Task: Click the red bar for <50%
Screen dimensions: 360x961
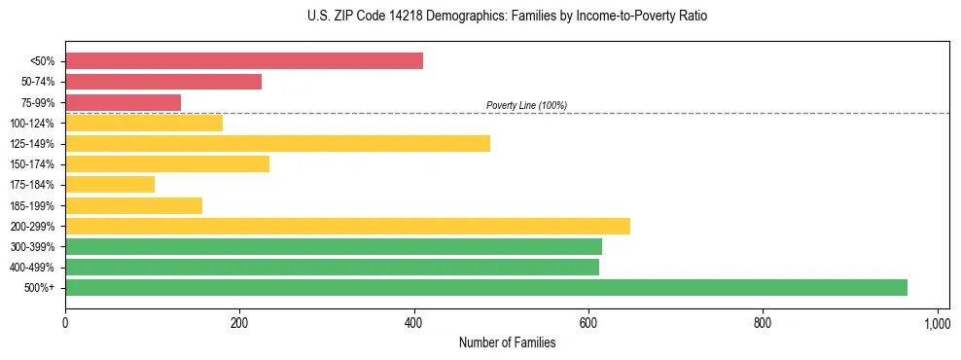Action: pos(244,61)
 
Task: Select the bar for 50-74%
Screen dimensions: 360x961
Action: pos(163,82)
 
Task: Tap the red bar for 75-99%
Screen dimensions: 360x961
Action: pos(123,102)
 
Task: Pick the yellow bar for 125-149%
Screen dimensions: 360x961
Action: pos(277,144)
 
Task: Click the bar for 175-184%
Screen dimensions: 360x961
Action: pos(110,185)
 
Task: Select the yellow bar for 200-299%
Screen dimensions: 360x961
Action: pos(347,227)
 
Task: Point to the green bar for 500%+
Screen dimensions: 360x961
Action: pos(486,288)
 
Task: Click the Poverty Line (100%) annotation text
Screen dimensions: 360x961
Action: pos(526,105)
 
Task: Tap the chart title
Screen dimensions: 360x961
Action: pos(480,17)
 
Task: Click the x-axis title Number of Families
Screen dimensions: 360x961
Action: pos(507,342)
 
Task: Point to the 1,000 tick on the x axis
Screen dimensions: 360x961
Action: pos(937,323)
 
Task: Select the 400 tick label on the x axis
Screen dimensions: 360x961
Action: pos(414,323)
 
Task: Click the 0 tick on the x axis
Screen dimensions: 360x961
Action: pos(65,323)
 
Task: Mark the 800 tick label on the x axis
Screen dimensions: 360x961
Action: pos(763,323)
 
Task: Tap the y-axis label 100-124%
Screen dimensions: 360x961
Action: pos(32,124)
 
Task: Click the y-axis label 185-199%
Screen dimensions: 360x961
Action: pos(32,206)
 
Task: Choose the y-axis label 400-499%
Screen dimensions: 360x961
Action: pos(32,268)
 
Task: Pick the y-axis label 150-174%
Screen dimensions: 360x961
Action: pos(32,164)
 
